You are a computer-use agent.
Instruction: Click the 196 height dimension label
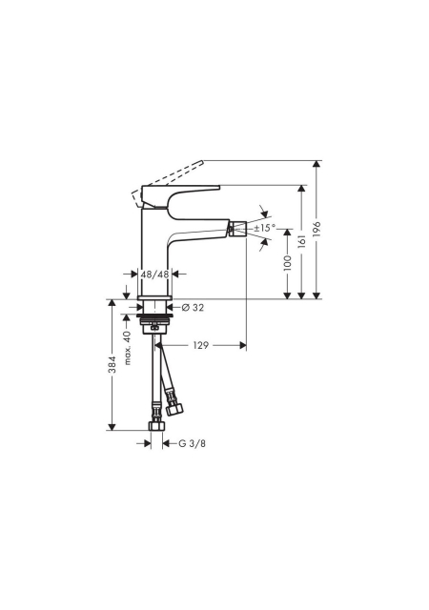click(x=317, y=230)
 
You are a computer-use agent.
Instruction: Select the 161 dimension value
click(x=301, y=241)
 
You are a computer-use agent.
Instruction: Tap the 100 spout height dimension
click(x=287, y=263)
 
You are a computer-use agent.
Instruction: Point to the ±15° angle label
click(x=265, y=228)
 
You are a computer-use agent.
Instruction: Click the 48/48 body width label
click(x=155, y=274)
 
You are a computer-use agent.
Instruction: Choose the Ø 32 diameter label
click(x=193, y=308)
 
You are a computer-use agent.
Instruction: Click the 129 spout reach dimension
click(x=201, y=345)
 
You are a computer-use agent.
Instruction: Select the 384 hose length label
click(x=112, y=364)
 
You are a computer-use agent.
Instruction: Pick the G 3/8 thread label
click(x=192, y=443)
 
